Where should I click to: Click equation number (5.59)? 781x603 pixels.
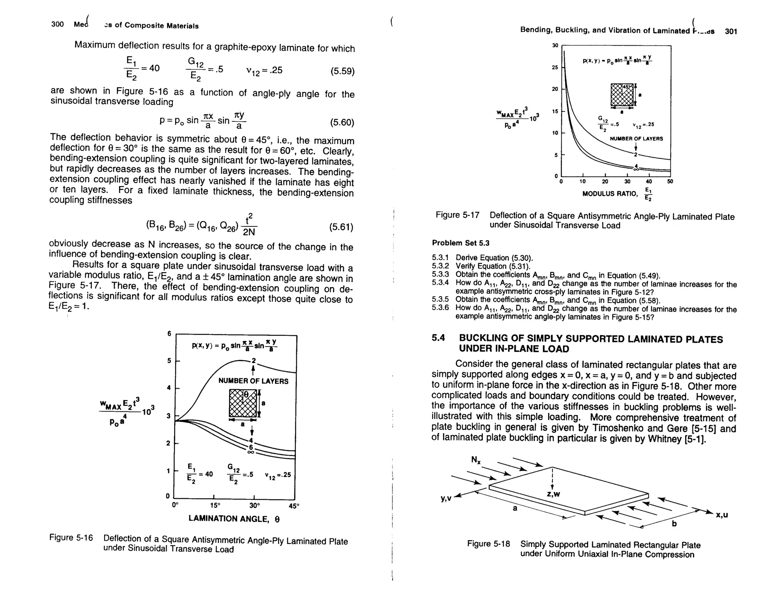pos(342,71)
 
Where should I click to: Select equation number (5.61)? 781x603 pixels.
pos(341,228)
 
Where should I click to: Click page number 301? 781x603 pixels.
pos(731,32)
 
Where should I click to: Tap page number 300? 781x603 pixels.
pos(57,24)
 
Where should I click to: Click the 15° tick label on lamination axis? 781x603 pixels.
pos(215,505)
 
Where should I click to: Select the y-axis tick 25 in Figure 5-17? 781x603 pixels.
pos(555,67)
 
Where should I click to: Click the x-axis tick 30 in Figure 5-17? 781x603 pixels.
pos(627,182)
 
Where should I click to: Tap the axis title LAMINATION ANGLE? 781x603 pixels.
pos(234,519)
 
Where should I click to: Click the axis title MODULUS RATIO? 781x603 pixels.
pos(610,194)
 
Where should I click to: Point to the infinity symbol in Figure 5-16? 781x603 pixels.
pos(251,452)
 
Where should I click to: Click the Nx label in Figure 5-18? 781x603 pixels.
pos(476,460)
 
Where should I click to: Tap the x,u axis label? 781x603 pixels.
pos(722,515)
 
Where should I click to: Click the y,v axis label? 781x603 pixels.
pos(446,498)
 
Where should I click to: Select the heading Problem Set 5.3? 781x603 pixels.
pos(460,243)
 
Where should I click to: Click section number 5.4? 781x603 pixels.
pos(438,338)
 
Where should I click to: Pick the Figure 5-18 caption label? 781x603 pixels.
pos(488,544)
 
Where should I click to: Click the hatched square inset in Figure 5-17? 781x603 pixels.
pos(622,95)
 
